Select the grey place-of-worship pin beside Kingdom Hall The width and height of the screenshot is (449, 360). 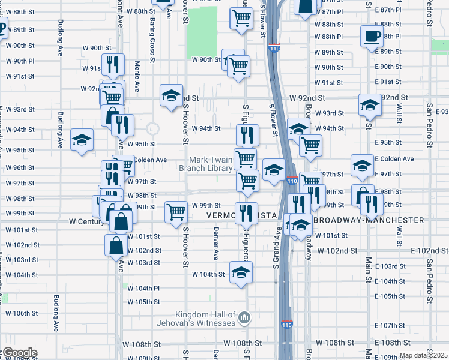pos(244,317)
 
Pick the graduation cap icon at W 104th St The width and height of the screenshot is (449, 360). pos(241,271)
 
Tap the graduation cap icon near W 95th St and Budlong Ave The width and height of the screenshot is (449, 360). pos(82,140)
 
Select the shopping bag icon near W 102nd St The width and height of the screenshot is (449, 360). pos(116,245)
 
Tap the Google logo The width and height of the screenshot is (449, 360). pos(19,353)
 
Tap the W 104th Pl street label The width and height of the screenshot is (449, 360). pos(143,288)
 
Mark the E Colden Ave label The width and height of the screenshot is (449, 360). pos(394,159)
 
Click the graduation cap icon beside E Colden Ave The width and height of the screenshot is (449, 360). pos(362,166)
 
